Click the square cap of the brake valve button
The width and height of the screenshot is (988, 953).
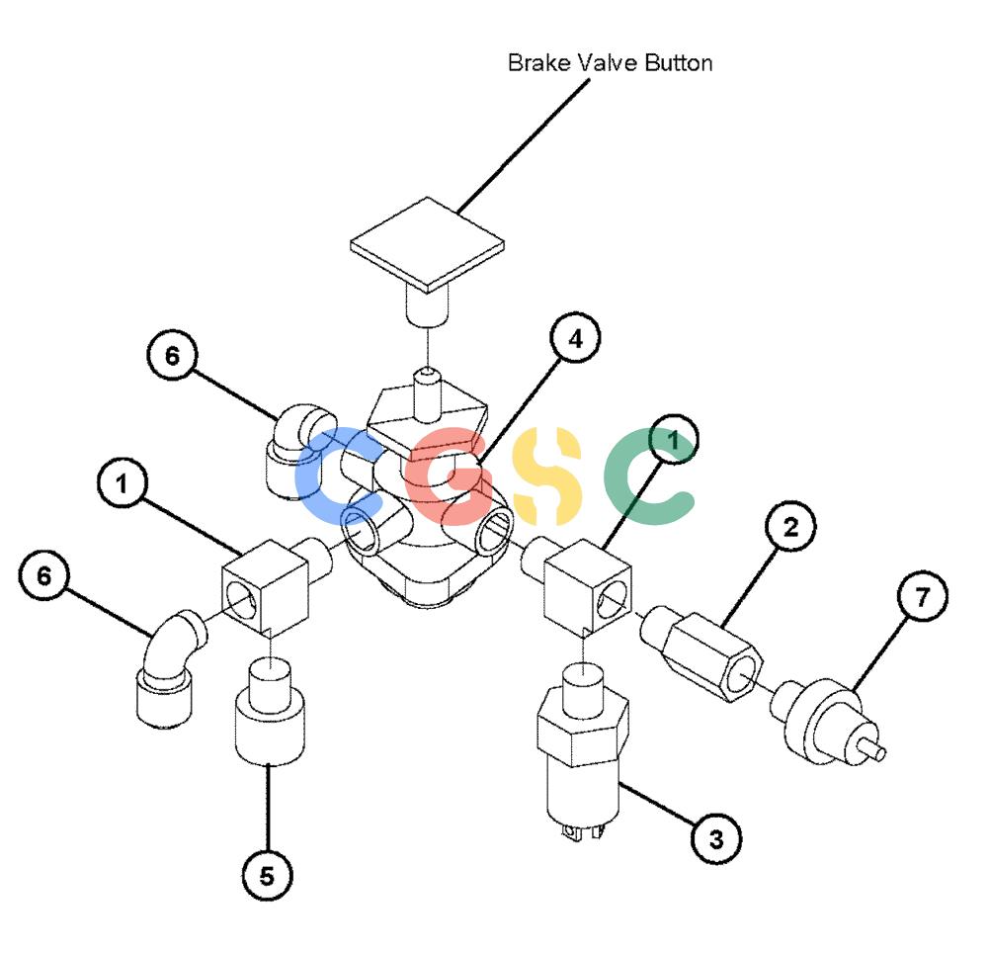coord(427,244)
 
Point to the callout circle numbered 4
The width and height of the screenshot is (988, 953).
coord(575,338)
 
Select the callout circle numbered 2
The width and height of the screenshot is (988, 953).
coord(790,526)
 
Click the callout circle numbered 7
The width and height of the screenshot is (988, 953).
coord(923,595)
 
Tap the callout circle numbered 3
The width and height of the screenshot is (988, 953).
coord(716,839)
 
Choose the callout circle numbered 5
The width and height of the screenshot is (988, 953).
coord(267,876)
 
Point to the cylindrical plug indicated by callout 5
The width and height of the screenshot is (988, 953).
coord(271,711)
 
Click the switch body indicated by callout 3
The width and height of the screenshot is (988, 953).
coord(583,750)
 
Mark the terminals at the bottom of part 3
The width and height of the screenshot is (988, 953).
coord(584,831)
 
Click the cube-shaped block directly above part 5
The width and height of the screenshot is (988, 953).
coord(265,586)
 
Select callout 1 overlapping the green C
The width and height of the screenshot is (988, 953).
coord(673,440)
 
